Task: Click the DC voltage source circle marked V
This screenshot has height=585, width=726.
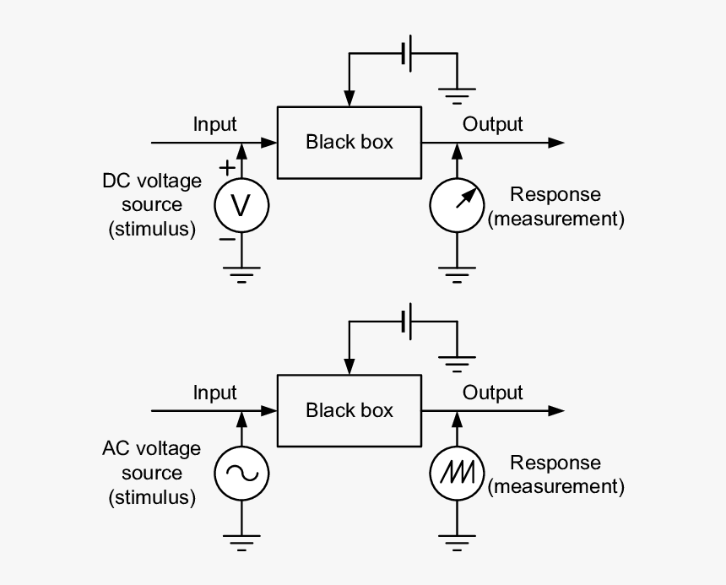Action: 241,205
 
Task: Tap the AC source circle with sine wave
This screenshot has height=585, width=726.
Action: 241,474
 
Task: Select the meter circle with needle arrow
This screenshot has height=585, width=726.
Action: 458,205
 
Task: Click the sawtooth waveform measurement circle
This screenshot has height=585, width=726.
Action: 458,474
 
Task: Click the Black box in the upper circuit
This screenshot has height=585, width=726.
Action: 349,142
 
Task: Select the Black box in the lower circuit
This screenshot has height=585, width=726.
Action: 349,410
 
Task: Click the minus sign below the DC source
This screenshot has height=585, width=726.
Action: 226,239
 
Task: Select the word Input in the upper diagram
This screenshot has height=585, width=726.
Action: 215,124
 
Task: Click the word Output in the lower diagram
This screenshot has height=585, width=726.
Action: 493,393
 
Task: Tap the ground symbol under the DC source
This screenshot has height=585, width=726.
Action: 241,274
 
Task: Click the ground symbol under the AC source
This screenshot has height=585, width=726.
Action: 241,542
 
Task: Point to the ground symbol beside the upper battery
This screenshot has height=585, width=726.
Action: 458,93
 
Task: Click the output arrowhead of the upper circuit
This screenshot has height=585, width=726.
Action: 556,143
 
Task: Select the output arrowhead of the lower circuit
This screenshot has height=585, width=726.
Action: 556,411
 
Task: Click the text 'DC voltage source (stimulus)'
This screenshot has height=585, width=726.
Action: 152,205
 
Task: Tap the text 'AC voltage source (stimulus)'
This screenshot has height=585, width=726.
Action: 152,474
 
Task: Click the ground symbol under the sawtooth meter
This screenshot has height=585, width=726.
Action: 458,542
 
